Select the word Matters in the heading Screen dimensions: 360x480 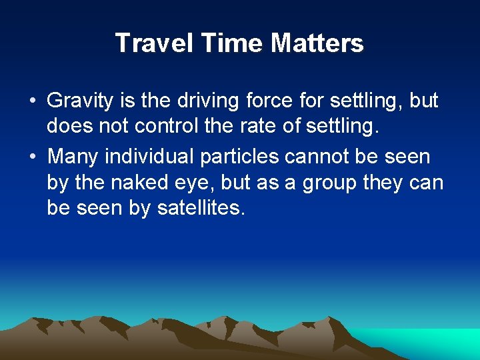click(x=317, y=43)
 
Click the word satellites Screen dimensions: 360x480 click(x=201, y=209)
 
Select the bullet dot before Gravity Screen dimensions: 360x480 click(x=32, y=102)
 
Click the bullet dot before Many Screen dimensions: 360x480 click(x=32, y=157)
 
